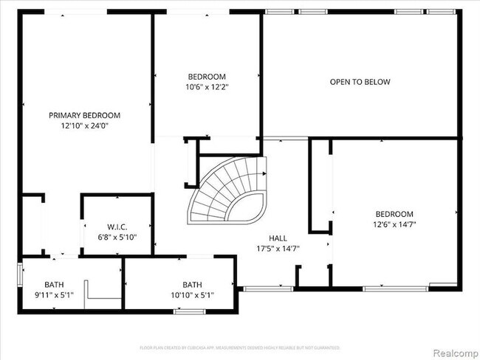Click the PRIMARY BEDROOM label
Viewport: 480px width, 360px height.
(84, 115)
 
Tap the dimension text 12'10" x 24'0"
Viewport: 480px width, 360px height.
(84, 125)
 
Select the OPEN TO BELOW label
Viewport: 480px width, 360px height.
(360, 82)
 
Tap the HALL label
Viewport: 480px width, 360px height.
(278, 238)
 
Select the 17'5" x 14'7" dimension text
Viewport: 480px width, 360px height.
(278, 249)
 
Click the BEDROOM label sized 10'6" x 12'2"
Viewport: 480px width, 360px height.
(207, 77)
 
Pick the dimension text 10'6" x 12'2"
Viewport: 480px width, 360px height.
(207, 87)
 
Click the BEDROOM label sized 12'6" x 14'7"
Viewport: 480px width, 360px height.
(393, 213)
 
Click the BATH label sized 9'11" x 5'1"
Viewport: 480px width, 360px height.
(54, 284)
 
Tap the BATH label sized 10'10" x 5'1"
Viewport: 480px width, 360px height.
(192, 284)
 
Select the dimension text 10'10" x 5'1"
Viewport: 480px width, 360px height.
(192, 294)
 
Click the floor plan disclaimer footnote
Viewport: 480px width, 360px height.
(239, 347)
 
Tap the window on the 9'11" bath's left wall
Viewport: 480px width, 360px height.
(19, 274)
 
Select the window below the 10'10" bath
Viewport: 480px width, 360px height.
(189, 312)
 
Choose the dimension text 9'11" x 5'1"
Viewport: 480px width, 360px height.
(54, 294)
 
